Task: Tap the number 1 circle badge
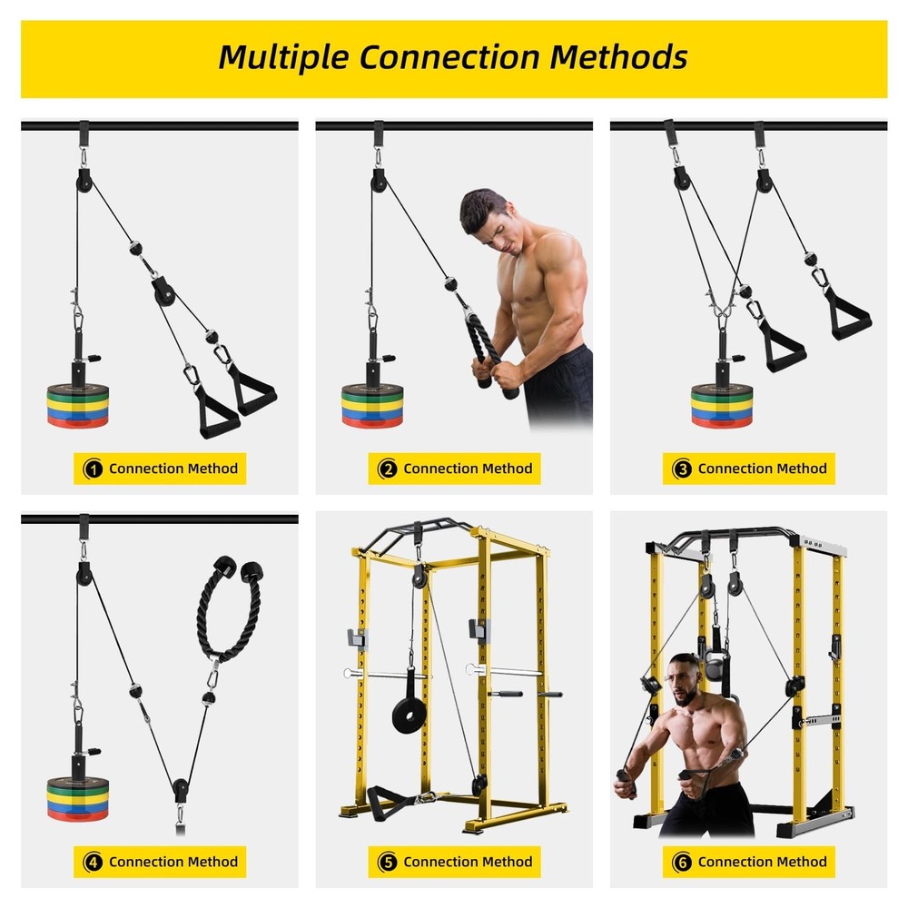(92, 469)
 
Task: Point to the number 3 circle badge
(681, 469)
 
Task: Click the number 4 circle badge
(92, 862)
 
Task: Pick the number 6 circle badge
(681, 862)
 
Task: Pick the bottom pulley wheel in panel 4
(182, 787)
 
